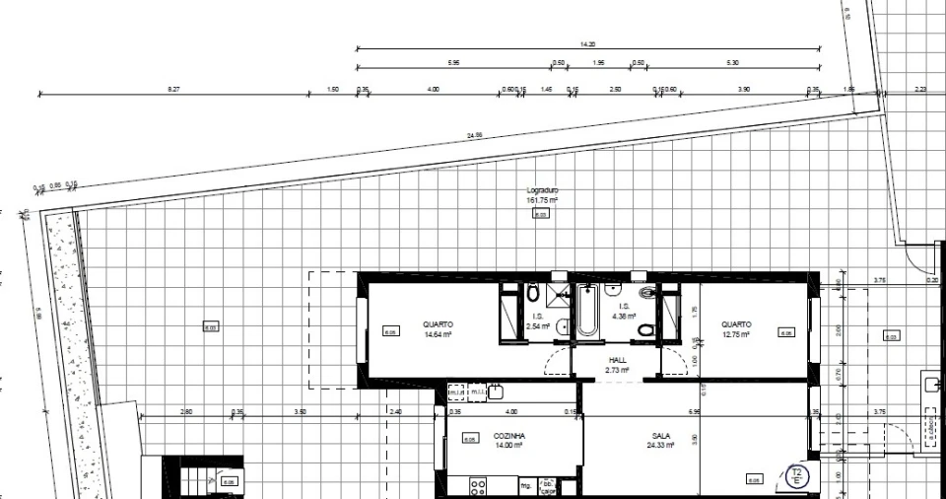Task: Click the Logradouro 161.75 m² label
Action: [x=542, y=195]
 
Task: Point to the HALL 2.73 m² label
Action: [x=618, y=365]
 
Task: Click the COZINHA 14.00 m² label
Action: [x=508, y=440]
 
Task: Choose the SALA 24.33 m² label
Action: [x=660, y=440]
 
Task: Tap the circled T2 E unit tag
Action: [x=797, y=477]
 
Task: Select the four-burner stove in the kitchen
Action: [x=479, y=486]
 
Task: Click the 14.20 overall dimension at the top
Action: [x=588, y=44]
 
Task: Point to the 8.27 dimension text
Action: [x=174, y=90]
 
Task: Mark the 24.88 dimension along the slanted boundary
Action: [x=475, y=135]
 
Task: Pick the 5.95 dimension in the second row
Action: [x=453, y=63]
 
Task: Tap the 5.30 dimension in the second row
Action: [x=731, y=63]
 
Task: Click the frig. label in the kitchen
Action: [x=526, y=485]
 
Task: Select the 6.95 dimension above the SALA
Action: [x=695, y=411]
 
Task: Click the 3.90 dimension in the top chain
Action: [x=744, y=90]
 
